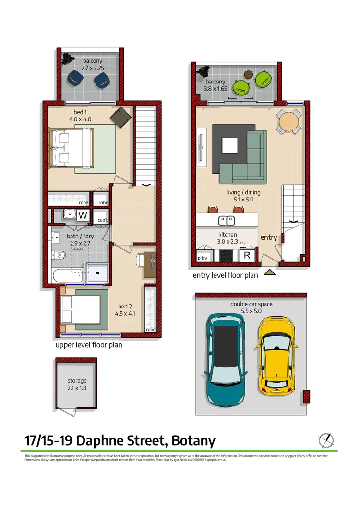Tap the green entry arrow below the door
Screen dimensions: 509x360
[270, 272]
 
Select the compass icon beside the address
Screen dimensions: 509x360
[326, 439]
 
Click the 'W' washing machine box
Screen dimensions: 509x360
[83, 215]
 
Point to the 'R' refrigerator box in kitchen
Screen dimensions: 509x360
[247, 255]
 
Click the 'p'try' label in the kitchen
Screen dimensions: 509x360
[204, 259]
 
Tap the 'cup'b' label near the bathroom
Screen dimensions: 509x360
[102, 220]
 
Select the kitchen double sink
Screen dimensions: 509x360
[226, 221]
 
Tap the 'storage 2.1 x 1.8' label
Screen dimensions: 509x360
[77, 384]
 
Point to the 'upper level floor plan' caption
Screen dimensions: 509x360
[89, 345]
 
